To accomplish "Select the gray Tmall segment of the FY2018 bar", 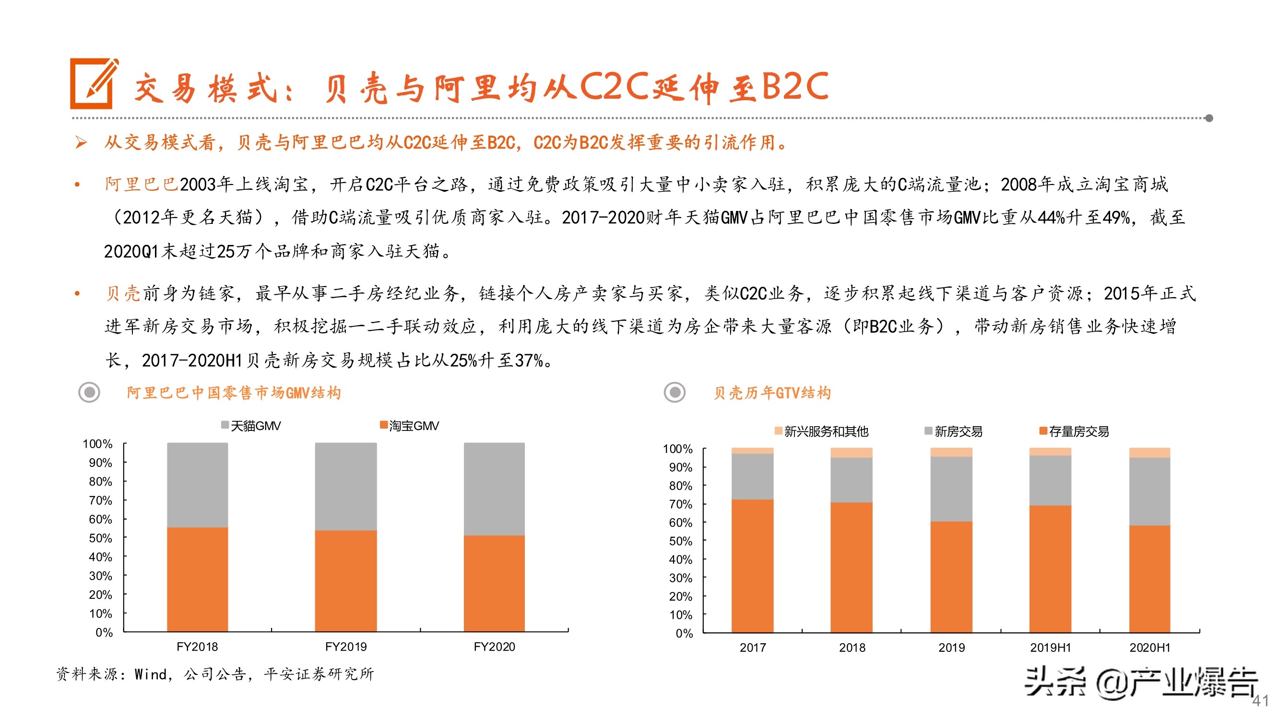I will [197, 484].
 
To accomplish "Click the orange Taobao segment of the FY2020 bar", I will [494, 583].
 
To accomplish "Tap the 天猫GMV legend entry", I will [251, 426].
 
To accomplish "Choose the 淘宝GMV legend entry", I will [410, 426].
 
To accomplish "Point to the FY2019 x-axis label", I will [345, 647].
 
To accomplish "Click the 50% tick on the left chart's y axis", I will [101, 538].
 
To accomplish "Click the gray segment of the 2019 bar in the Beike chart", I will [951, 489].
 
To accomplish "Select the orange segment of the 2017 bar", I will [752, 566].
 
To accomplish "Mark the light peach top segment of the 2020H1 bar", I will [1149, 452].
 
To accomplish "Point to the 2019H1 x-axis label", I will [1050, 648].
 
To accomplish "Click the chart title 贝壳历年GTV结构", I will [772, 393].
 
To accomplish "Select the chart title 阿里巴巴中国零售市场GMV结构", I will [234, 393].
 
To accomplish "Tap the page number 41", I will [1260, 701].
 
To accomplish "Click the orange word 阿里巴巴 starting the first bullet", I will [142, 185].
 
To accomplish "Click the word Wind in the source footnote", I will [151, 674].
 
